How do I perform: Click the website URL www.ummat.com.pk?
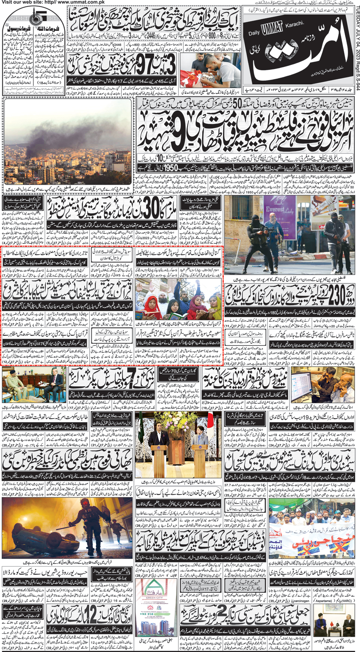coord(71,2)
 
